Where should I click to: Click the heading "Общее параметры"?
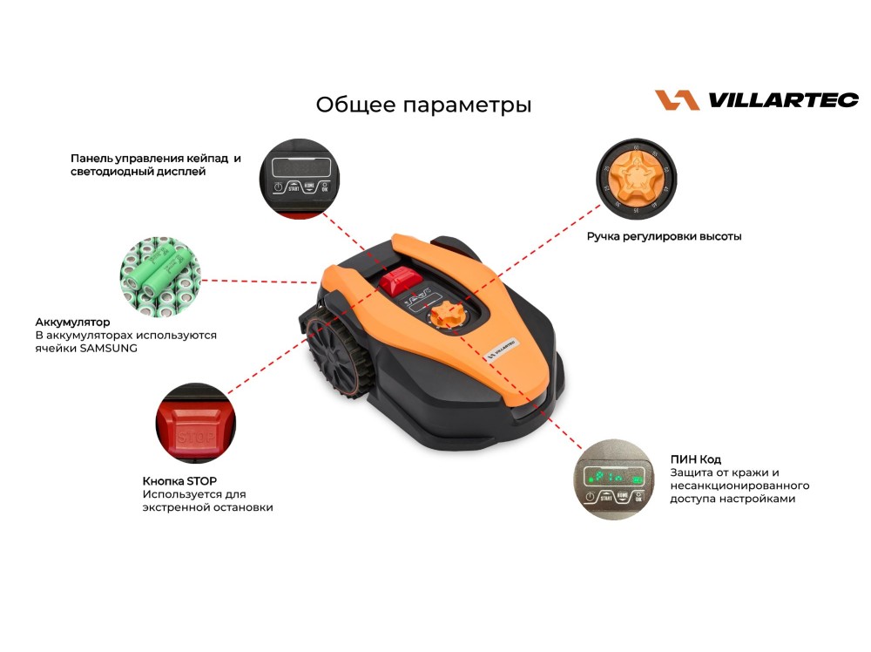click(423, 105)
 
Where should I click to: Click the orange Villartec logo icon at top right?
click(677, 100)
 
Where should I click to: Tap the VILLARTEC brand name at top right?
click(783, 100)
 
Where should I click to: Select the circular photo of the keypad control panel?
click(300, 179)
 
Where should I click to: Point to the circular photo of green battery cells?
click(160, 277)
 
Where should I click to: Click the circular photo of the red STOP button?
click(195, 423)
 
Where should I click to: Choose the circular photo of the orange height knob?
click(636, 179)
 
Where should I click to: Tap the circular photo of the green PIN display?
click(614, 479)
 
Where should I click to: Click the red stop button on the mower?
click(401, 280)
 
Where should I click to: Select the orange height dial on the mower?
click(446, 316)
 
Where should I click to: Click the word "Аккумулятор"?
click(72, 322)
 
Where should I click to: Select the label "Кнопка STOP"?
click(179, 481)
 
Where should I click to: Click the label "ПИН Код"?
click(695, 459)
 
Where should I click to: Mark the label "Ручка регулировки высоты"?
click(664, 236)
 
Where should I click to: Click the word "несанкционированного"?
click(739, 486)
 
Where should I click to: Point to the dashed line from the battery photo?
click(260, 282)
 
